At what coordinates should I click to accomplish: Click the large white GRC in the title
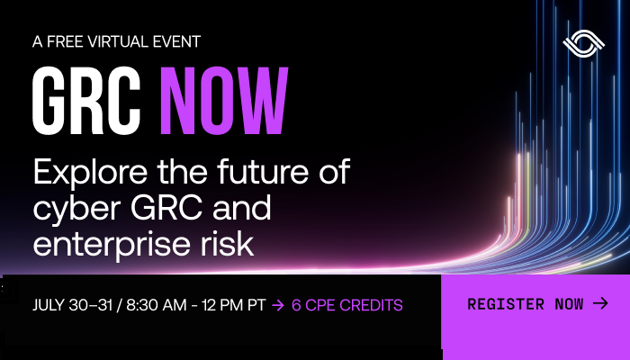[86, 101]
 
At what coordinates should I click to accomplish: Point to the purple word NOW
[224, 101]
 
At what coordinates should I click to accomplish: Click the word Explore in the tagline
[90, 173]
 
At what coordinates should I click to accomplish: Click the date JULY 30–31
[72, 305]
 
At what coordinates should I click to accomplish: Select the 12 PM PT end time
[233, 305]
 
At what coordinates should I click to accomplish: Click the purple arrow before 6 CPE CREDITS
[278, 305]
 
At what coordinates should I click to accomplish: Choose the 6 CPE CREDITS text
[347, 305]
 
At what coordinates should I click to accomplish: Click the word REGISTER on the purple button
[506, 304]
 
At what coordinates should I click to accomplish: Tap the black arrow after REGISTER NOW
[600, 303]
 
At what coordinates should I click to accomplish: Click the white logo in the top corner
[584, 44]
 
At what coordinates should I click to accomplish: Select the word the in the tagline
[183, 172]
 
